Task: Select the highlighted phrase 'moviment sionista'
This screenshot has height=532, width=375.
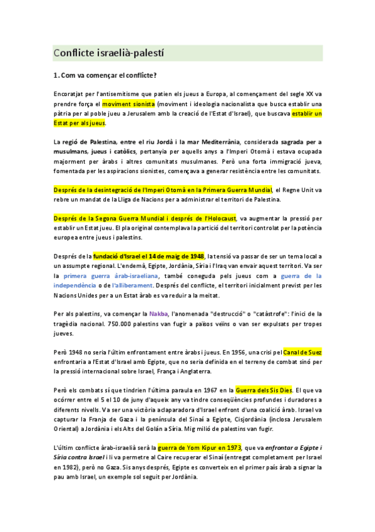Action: pyautogui.click(x=128, y=104)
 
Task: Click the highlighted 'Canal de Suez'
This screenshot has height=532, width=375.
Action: pyautogui.click(x=303, y=352)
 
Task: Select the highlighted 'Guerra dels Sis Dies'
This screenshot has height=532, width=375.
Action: pyautogui.click(x=264, y=390)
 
